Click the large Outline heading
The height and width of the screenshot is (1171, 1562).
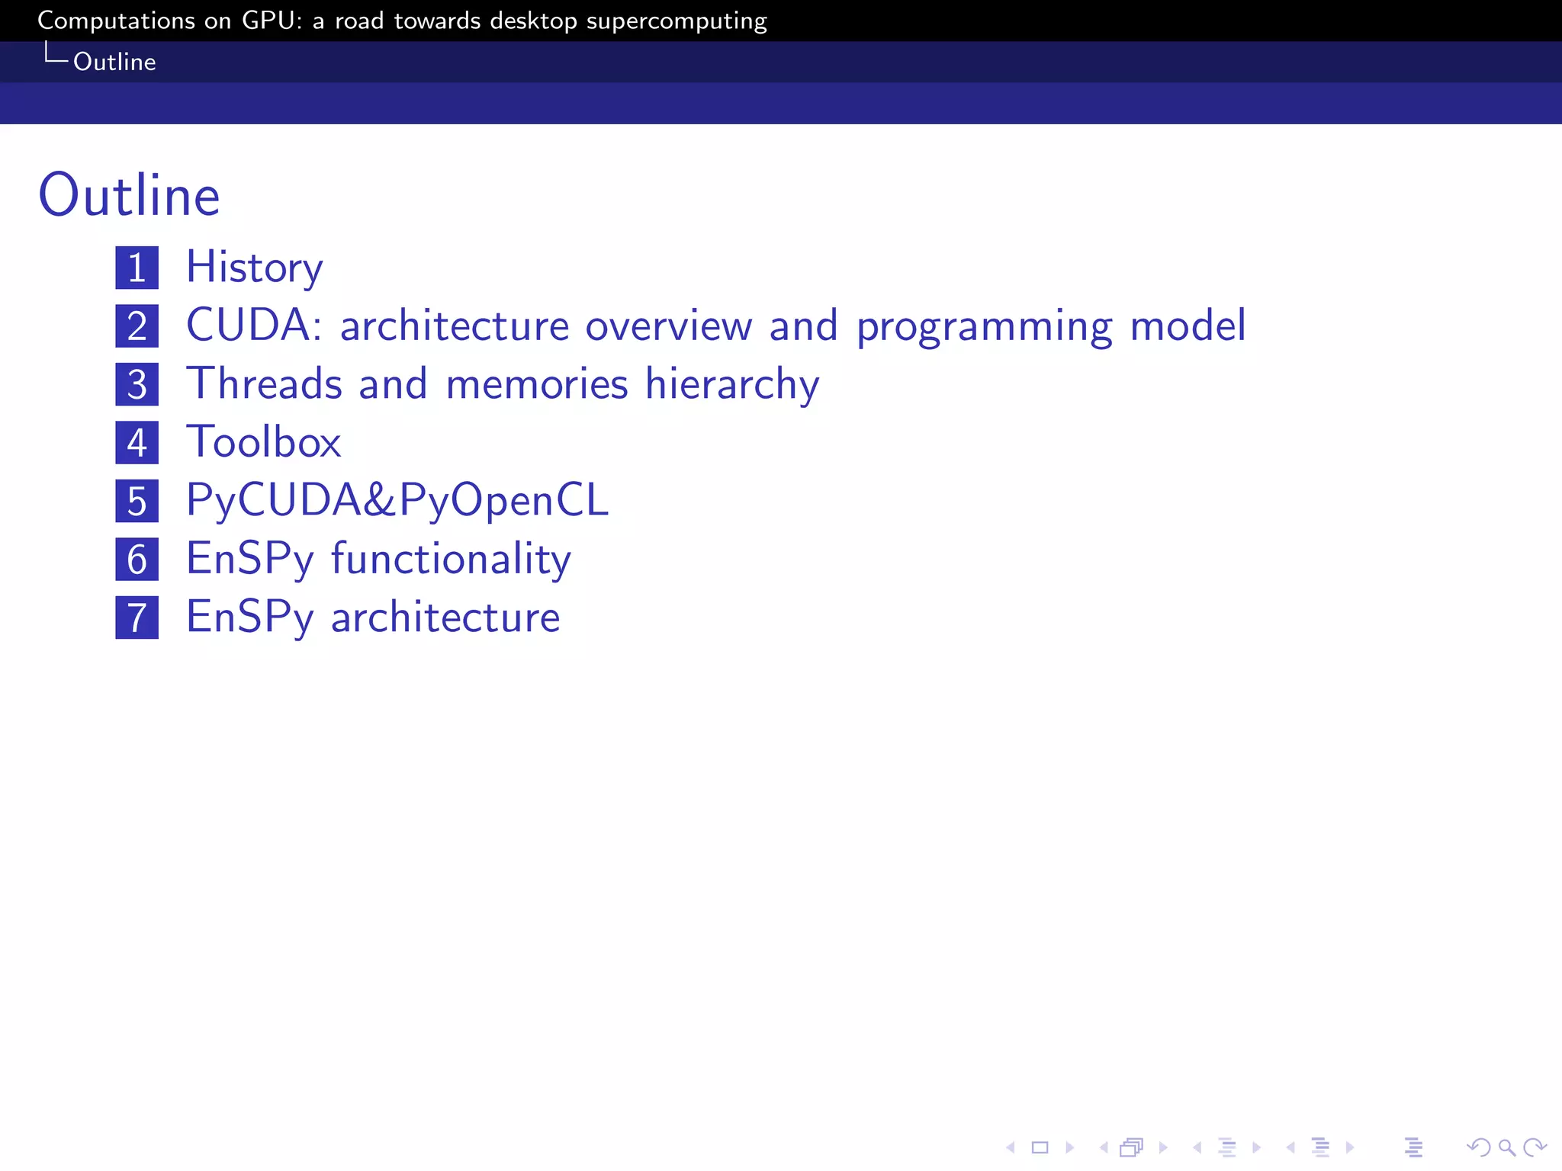pos(129,196)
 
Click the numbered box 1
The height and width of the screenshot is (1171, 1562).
pos(137,268)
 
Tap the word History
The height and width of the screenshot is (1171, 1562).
pos(255,268)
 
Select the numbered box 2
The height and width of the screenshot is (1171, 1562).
pos(137,326)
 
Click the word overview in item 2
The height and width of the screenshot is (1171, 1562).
pos(669,326)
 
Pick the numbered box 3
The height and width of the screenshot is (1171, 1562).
pos(137,384)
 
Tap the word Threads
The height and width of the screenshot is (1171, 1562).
pos(265,383)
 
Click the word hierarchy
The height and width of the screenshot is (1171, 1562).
pos(732,385)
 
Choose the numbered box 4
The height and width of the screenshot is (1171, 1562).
pos(137,443)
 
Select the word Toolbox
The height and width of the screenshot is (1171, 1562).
pos(264,442)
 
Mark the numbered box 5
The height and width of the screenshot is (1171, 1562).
pos(137,501)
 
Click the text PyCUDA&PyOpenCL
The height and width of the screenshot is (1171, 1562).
pos(397,501)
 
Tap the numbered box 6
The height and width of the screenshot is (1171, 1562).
pos(137,559)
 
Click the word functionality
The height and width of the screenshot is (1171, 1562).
pos(451,560)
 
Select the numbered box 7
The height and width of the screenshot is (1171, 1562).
pos(137,618)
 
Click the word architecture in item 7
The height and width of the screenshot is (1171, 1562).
pos(445,618)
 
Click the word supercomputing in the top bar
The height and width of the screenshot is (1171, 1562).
pos(677,21)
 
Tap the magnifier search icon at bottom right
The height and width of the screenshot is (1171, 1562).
pos(1506,1147)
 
